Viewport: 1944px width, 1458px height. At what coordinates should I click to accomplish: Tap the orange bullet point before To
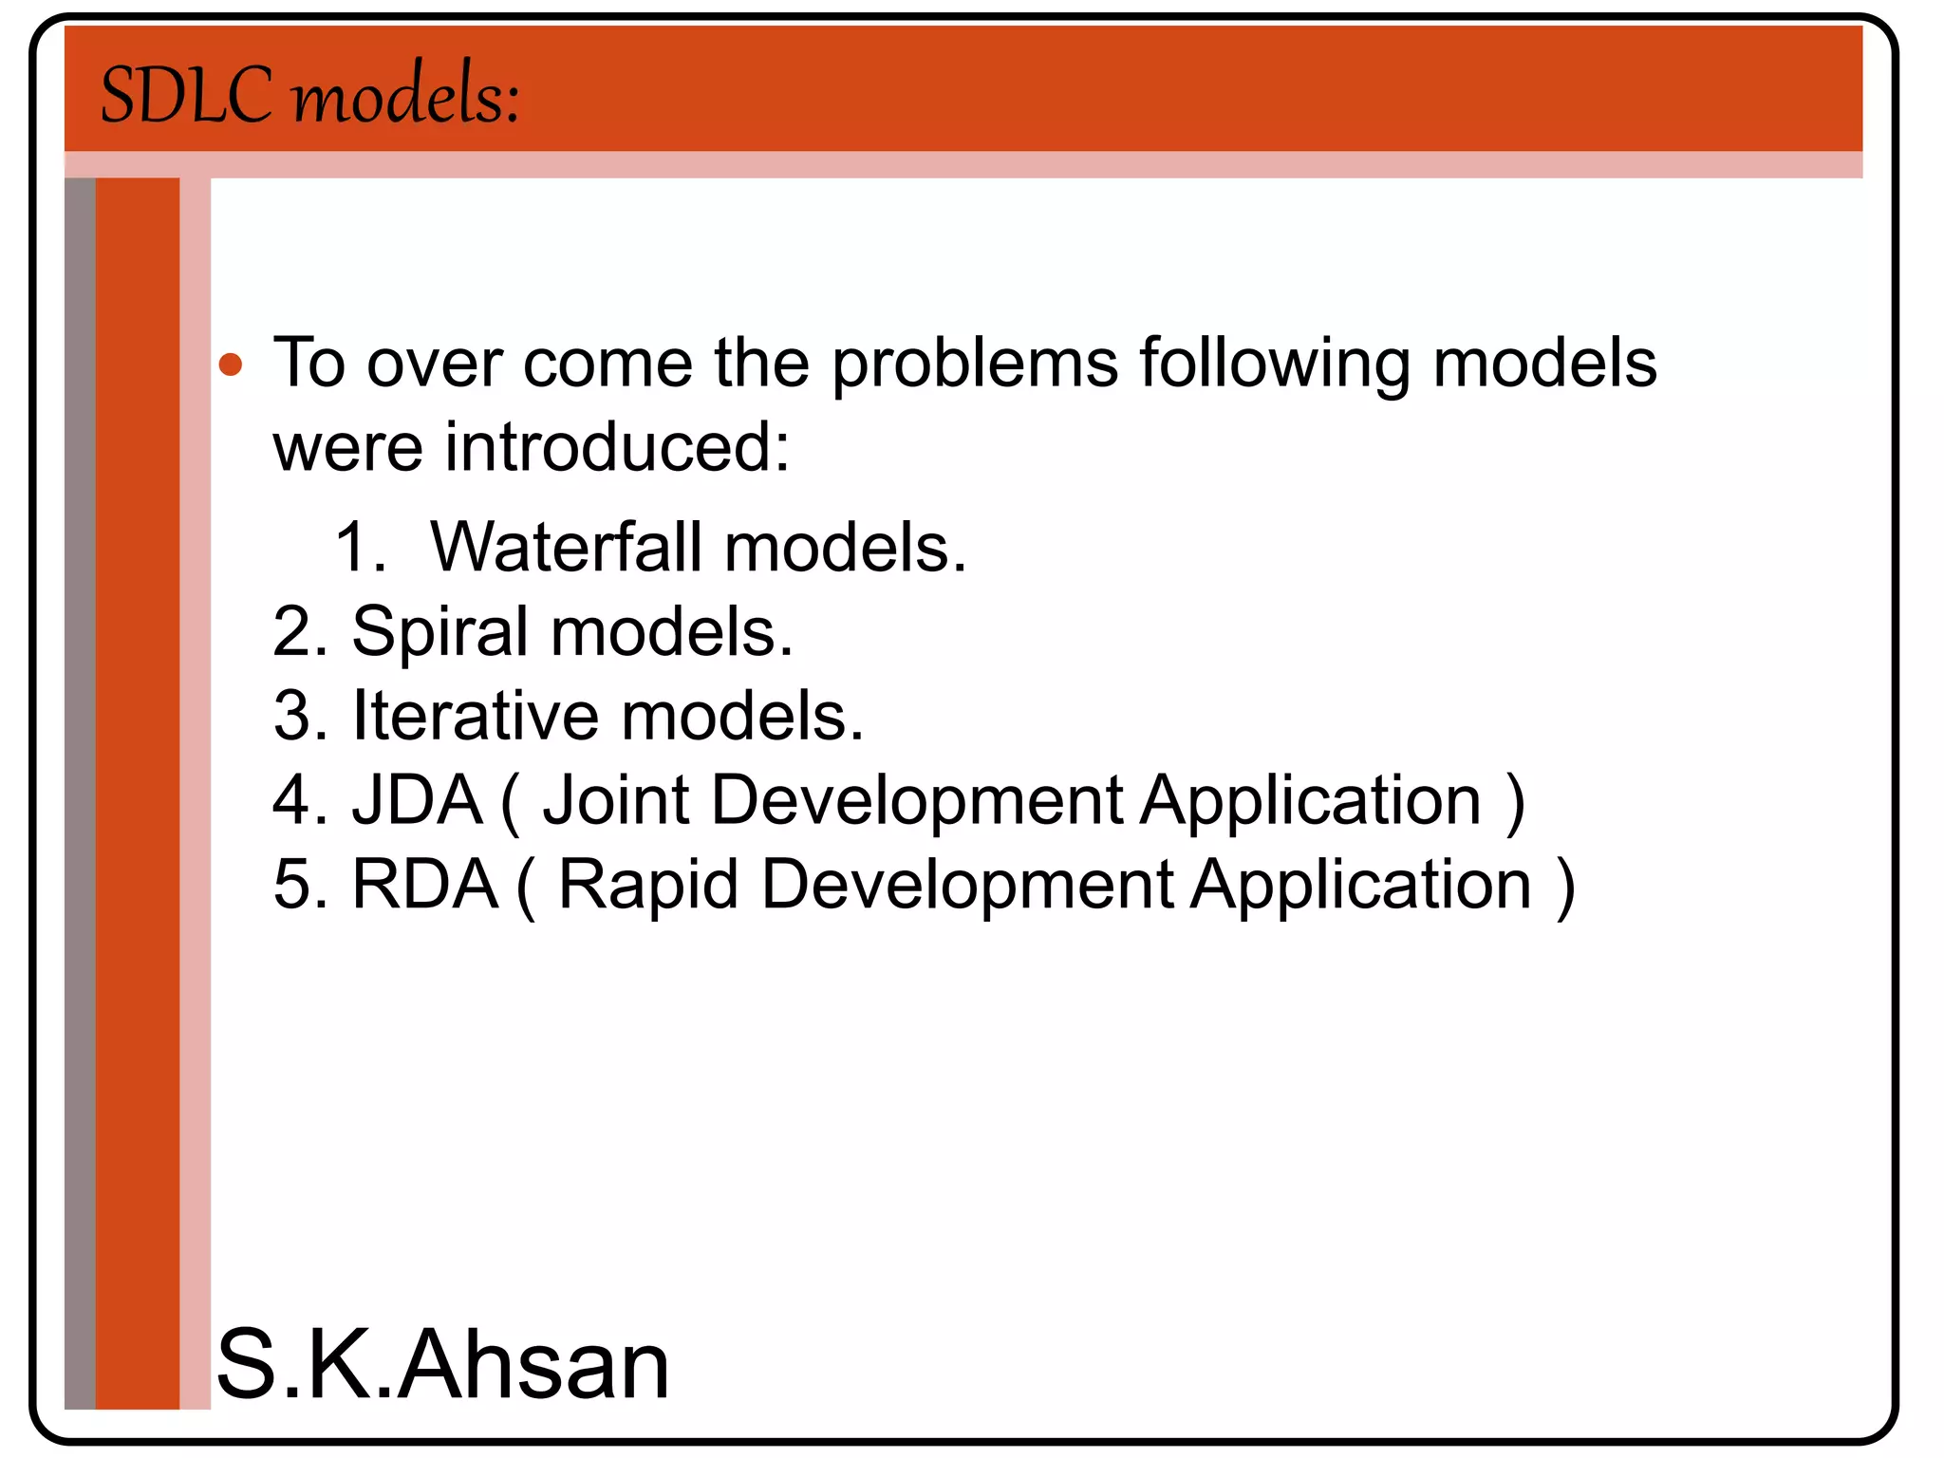click(x=231, y=364)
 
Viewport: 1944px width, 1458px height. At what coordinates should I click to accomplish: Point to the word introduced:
click(x=617, y=447)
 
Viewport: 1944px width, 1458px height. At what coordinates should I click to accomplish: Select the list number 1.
click(x=359, y=548)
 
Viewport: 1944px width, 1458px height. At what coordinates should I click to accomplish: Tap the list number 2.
click(x=298, y=633)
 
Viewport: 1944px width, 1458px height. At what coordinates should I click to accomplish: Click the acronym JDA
click(x=418, y=800)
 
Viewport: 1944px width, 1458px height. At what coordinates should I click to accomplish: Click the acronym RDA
click(x=424, y=885)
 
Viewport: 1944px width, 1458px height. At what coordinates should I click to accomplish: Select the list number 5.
click(x=298, y=885)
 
